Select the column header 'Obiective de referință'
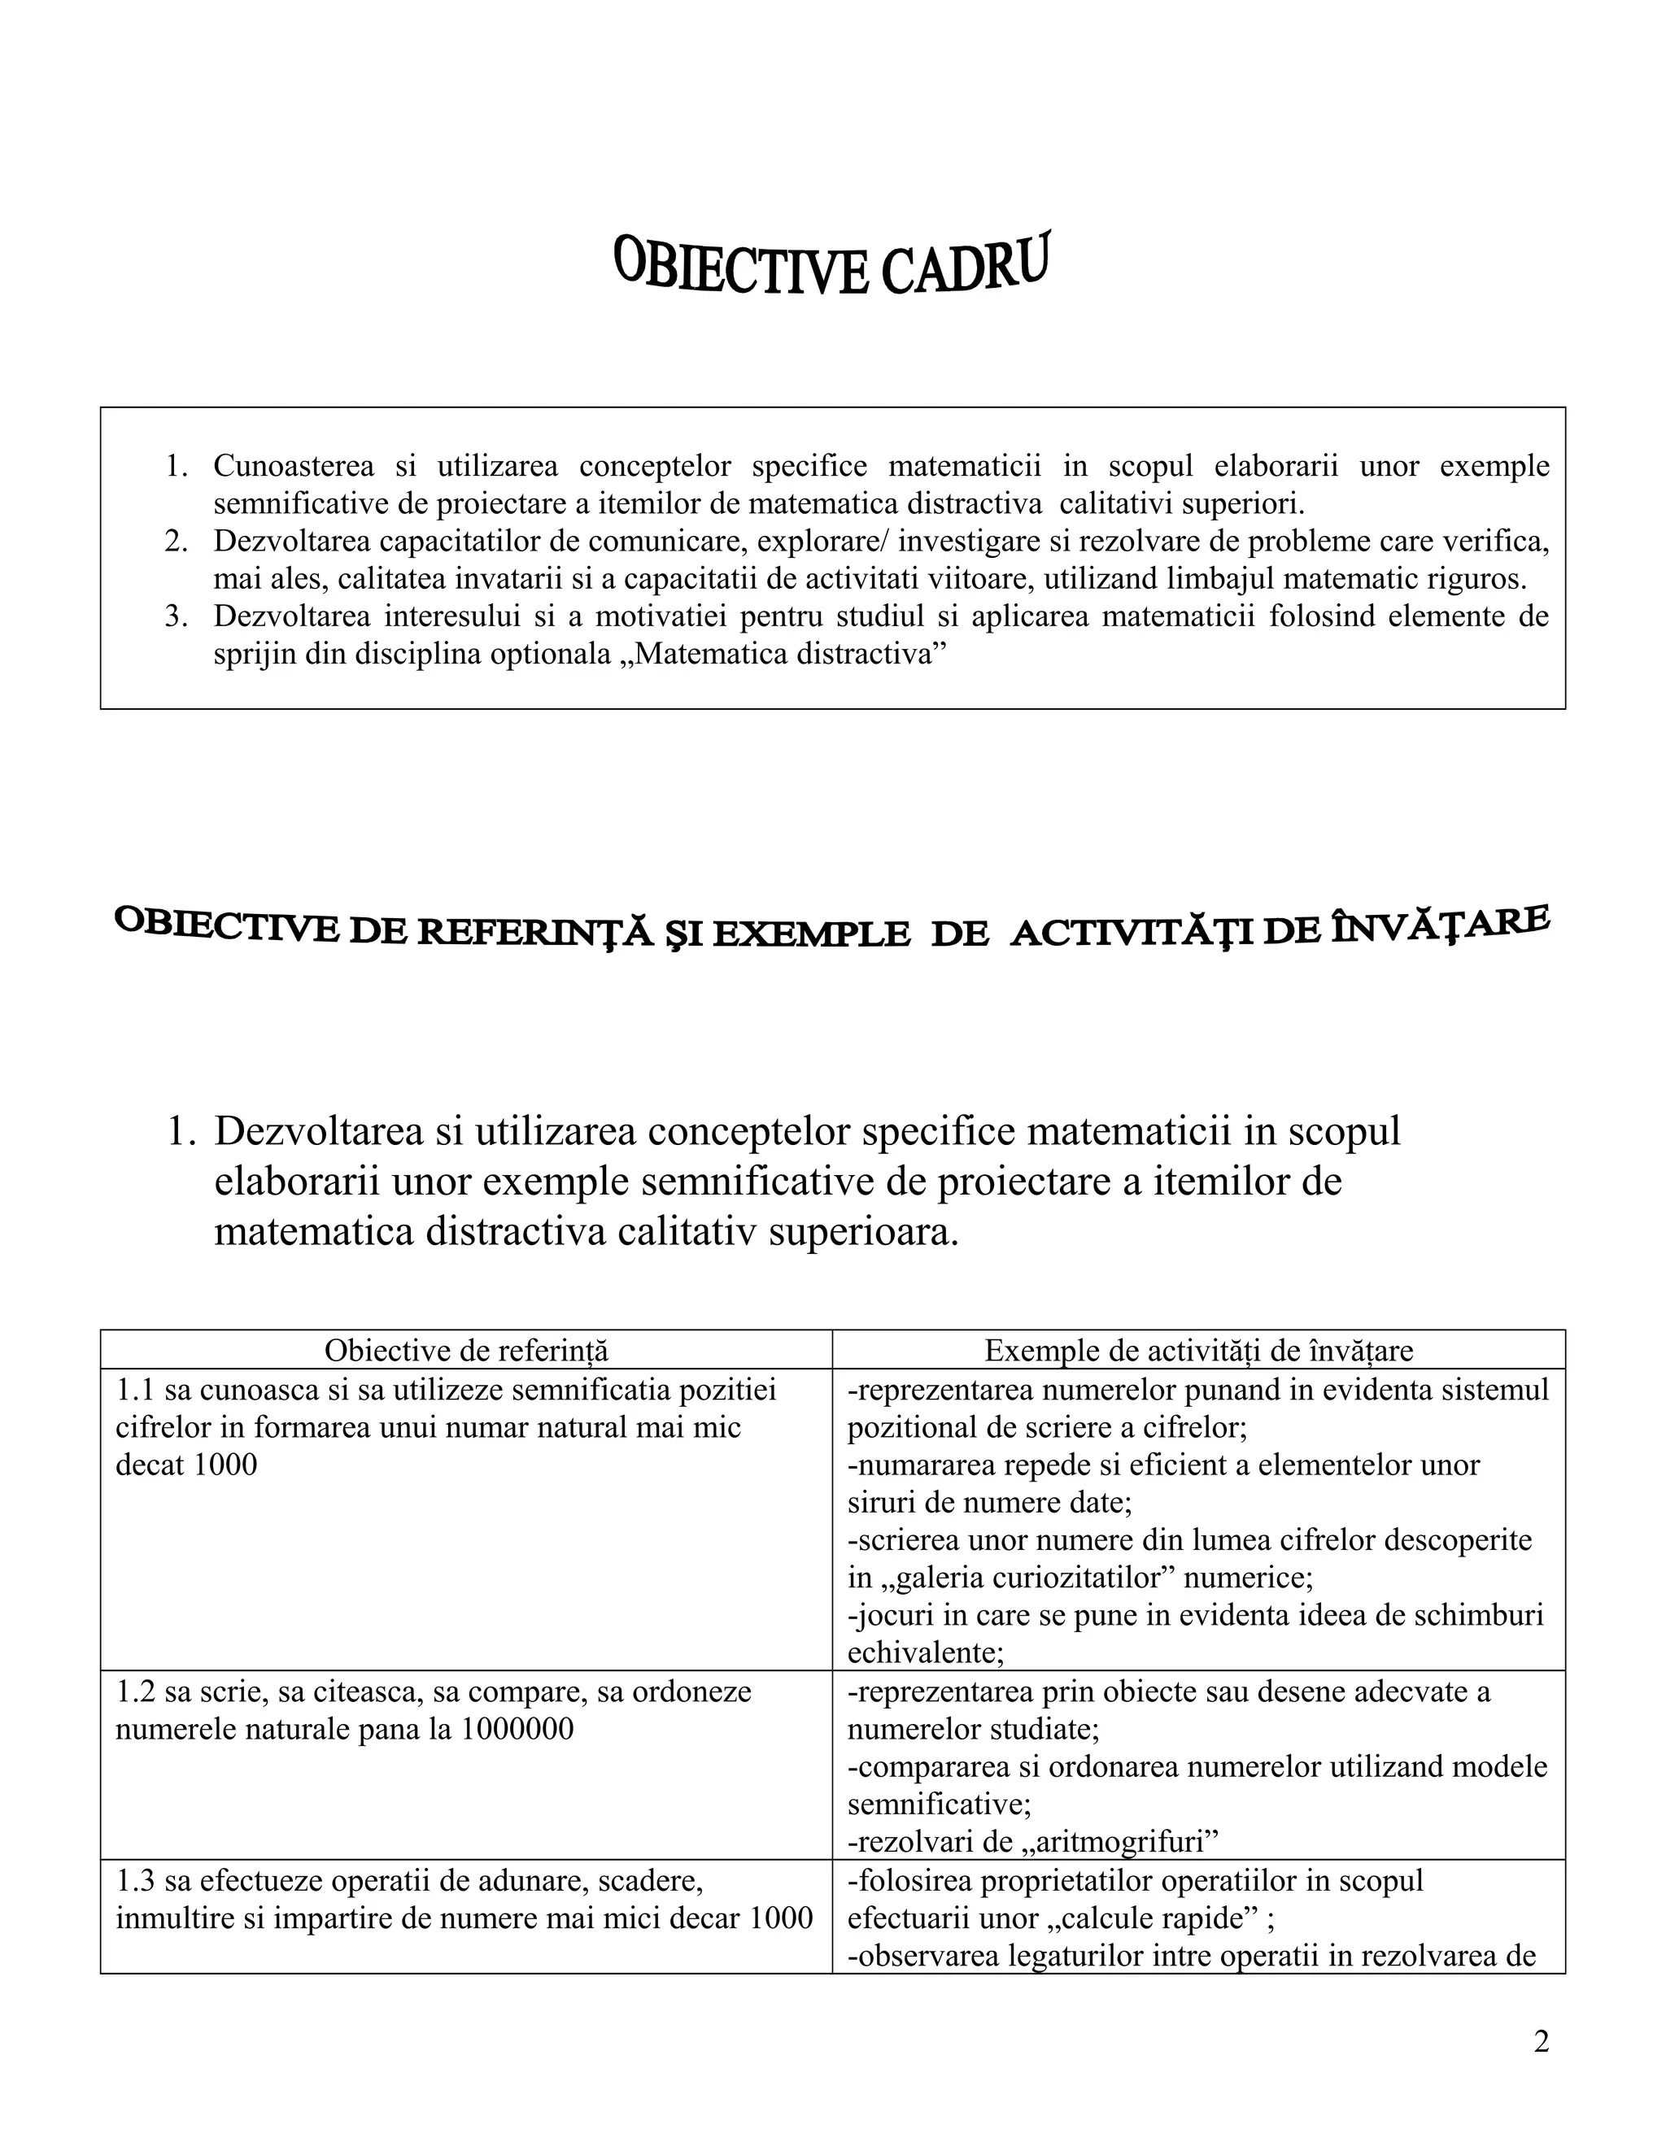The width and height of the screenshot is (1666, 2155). pyautogui.click(x=466, y=1351)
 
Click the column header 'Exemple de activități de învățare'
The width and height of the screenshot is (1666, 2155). pyautogui.click(x=1198, y=1351)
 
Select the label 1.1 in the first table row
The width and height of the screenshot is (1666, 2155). pyautogui.click(x=135, y=1391)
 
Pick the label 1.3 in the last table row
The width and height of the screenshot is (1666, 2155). pyautogui.click(x=135, y=1881)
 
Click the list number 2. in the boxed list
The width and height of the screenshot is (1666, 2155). pyautogui.click(x=176, y=541)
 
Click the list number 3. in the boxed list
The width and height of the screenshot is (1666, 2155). pyautogui.click(x=176, y=616)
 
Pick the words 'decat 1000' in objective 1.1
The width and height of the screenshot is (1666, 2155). pyautogui.click(x=185, y=1465)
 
